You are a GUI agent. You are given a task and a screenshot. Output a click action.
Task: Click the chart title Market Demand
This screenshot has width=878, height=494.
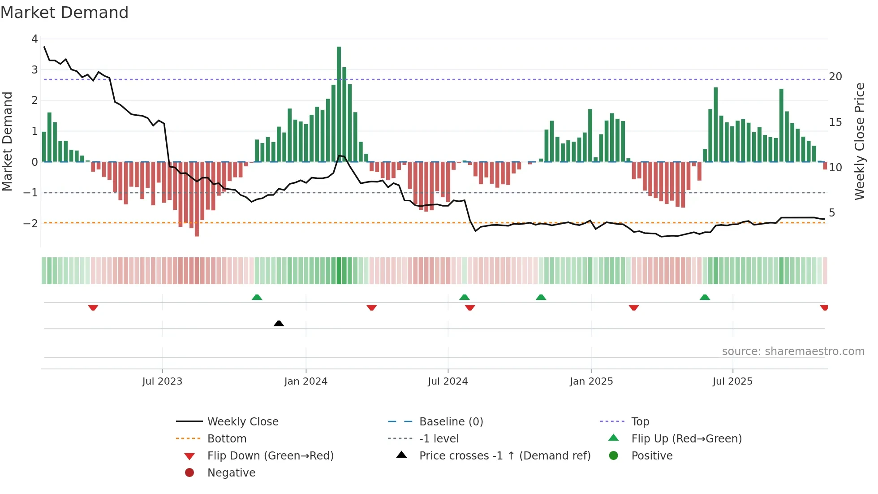[x=65, y=13]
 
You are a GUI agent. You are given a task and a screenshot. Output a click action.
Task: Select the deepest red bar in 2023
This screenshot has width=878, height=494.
[x=197, y=199]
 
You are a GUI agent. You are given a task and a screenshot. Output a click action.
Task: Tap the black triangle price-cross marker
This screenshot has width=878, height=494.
[x=279, y=323]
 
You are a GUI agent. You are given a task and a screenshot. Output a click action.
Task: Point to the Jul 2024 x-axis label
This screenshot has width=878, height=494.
[x=448, y=381]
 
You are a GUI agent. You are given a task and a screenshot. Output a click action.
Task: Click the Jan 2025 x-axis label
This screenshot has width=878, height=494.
[x=591, y=381]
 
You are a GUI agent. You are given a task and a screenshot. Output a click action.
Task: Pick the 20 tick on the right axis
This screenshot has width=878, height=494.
[x=835, y=77]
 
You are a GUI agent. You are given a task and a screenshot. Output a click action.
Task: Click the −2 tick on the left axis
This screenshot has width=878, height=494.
[x=31, y=223]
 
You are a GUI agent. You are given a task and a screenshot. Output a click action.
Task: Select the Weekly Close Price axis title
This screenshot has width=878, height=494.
[x=859, y=141]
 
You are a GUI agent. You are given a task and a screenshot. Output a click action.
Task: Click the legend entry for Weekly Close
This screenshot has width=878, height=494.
[x=242, y=422]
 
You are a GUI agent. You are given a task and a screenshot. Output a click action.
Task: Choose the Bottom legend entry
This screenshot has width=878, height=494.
[x=227, y=439]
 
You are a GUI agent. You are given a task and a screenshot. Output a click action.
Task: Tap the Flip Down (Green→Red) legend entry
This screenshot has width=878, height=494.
[x=270, y=456]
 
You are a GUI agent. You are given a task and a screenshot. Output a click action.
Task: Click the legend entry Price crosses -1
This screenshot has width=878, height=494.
[x=504, y=456]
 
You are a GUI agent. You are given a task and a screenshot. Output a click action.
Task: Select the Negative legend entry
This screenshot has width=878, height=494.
[x=231, y=473]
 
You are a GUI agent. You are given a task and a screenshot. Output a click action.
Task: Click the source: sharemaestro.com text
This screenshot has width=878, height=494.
[x=793, y=351]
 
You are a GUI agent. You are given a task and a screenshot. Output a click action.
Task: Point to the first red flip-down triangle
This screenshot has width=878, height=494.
[x=93, y=308]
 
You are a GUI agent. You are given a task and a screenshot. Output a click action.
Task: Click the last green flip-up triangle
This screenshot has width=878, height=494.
[x=705, y=297]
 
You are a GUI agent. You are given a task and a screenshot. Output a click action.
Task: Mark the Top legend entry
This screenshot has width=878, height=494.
[x=640, y=422]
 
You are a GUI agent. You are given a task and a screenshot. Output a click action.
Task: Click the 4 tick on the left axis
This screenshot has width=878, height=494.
[x=34, y=39]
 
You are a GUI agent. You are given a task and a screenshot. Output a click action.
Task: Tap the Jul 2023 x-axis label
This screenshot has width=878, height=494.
[x=162, y=381]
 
